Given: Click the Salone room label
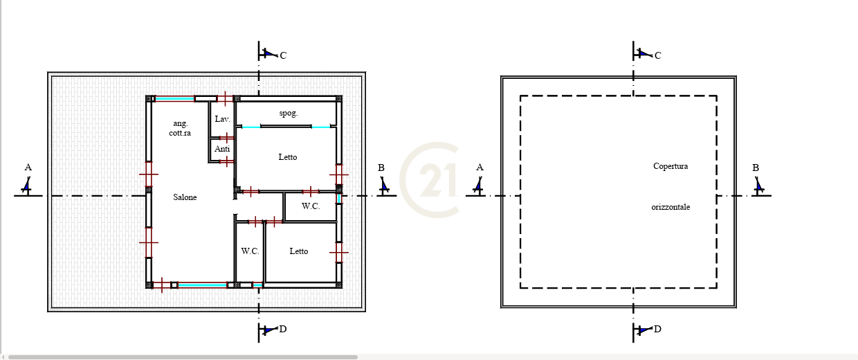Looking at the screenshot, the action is click(x=185, y=197).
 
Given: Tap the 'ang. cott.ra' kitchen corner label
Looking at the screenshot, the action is click(x=180, y=128).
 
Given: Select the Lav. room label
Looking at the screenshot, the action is click(x=222, y=119).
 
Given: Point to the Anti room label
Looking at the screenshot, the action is click(x=222, y=149).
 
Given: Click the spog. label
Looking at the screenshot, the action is click(x=289, y=113).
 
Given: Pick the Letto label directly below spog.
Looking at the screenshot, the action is click(x=288, y=156).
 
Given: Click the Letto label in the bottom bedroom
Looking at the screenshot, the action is click(x=299, y=251).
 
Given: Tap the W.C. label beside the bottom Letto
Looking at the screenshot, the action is click(x=250, y=251).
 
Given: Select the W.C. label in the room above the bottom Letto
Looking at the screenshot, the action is click(x=311, y=206).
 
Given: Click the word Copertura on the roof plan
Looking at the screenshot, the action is click(x=670, y=166).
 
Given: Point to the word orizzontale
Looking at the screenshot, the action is click(x=670, y=207).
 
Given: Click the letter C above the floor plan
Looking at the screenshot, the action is click(x=283, y=55).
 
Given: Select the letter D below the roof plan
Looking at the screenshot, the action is click(x=657, y=329).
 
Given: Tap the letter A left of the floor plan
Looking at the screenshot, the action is click(x=28, y=167).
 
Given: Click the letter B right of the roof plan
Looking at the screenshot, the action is click(x=756, y=168).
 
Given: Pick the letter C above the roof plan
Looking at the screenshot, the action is click(x=657, y=55).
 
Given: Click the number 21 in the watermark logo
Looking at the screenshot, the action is click(x=438, y=180).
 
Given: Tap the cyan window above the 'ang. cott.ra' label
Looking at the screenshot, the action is click(x=174, y=99).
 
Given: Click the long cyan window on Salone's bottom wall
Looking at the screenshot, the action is click(x=202, y=285).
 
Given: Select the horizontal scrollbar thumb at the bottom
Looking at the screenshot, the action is click(x=183, y=357).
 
